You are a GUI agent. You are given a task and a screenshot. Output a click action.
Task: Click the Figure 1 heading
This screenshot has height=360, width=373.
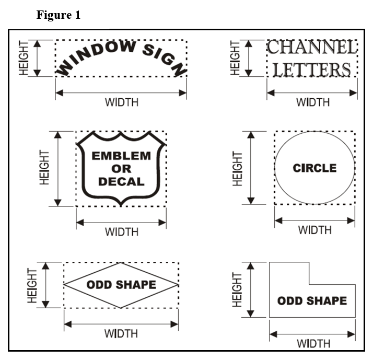pos(59,15)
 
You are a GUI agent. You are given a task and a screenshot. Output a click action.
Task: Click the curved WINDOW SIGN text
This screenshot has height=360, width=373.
pos(121,56)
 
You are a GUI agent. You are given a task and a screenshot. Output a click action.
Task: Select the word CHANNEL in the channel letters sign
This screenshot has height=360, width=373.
pos(312,48)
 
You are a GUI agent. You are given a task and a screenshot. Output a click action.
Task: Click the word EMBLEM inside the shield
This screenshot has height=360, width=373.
pos(121,156)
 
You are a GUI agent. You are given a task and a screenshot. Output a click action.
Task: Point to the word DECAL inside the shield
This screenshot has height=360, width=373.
pos(121,182)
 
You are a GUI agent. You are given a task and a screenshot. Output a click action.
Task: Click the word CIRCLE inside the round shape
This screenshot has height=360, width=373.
pos(314,168)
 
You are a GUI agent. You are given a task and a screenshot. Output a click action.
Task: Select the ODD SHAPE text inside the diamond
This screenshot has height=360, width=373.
pos(121,285)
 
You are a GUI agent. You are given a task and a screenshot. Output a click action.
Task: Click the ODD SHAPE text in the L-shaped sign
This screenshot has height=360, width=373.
pos(312,301)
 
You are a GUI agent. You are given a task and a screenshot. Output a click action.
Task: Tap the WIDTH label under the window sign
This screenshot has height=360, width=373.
pos(122,102)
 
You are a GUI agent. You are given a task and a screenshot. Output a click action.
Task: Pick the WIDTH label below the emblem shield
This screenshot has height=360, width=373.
pos(122,231)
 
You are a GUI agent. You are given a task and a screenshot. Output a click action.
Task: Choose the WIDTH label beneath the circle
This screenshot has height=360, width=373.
pos(315,229)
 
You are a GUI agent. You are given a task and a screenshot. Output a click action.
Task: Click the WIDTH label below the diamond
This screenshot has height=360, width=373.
pos(121,333)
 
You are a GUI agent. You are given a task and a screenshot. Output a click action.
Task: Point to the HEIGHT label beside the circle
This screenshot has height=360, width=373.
pos(238,168)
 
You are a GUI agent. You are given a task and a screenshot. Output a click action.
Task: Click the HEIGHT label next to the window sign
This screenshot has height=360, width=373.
pos(24,57)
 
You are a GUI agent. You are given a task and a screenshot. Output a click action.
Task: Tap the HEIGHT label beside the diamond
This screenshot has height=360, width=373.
pos(32,285)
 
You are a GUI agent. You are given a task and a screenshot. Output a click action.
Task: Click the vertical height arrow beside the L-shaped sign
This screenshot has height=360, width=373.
pos(251,289)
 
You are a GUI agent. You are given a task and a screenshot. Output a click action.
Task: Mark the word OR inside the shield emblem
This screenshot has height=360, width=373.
pos(121,169)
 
